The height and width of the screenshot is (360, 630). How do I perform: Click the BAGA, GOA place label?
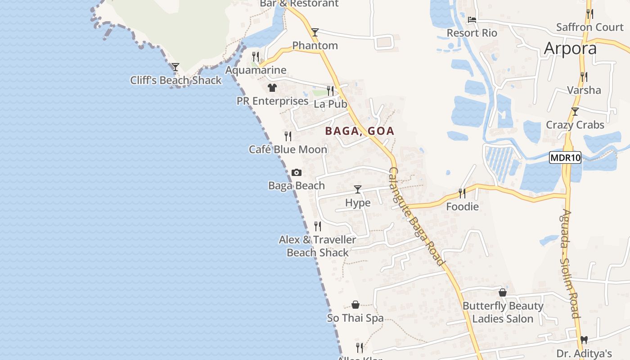pos(360,131)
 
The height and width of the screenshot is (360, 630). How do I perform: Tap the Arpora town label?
pos(570,49)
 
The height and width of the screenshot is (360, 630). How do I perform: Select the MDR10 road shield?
pos(565,157)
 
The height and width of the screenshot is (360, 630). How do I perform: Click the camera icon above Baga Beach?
pos(297,172)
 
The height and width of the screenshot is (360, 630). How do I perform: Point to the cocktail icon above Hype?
pos(358,189)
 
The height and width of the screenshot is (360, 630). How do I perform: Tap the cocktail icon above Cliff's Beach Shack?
pos(175,67)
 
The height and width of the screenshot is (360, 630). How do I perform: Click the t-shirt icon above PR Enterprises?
pos(272,88)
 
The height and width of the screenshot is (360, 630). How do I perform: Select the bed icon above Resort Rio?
pos(472,20)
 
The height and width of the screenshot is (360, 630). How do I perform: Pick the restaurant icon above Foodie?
pos(462,193)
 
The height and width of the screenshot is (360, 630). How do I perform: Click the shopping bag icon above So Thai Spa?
pos(355,305)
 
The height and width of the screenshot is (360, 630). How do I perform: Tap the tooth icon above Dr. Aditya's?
pos(584,340)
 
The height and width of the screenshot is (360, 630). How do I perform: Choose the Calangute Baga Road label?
pos(417,216)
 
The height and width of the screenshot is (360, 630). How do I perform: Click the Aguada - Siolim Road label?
pos(570,263)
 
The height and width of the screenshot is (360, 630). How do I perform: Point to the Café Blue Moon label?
pos(288,149)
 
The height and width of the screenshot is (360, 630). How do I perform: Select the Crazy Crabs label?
pos(575,125)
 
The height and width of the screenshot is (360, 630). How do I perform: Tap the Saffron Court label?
pos(589,27)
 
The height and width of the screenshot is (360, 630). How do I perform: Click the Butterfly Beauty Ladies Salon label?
pos(503,312)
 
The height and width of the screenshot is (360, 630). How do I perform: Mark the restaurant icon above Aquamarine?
pos(255,57)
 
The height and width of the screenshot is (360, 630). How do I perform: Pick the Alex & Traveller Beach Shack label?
pos(318,246)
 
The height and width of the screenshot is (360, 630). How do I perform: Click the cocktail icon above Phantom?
pos(315,32)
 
